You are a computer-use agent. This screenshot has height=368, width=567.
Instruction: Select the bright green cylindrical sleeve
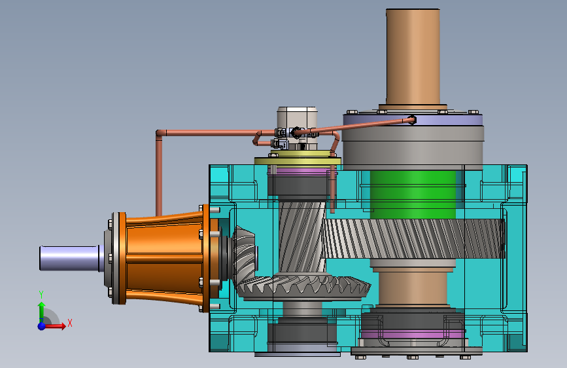pos(413,195)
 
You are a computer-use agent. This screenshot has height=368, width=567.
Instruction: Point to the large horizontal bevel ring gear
pos(303,288)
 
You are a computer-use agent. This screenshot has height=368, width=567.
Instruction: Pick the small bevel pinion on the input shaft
pos(244,253)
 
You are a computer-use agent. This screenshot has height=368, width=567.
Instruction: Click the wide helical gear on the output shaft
pos(413,239)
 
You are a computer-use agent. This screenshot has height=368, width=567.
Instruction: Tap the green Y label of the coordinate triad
pos(41,295)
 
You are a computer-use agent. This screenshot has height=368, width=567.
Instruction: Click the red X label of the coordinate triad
pos(70,323)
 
